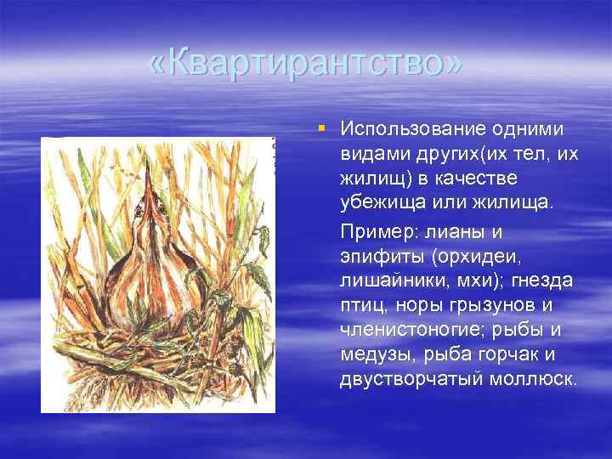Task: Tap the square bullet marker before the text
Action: (x=320, y=127)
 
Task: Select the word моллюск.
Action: (x=534, y=378)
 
